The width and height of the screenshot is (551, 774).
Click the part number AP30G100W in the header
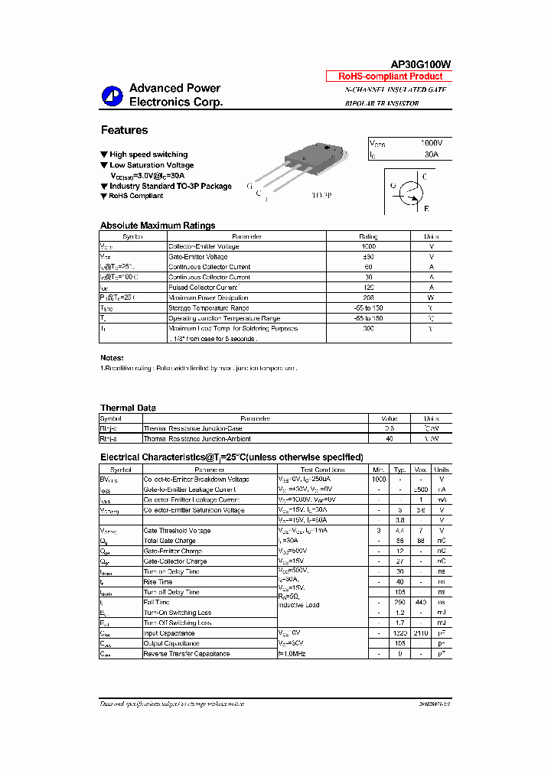[421, 64]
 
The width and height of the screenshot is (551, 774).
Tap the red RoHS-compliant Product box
[390, 76]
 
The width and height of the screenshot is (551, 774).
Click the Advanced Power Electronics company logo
[112, 95]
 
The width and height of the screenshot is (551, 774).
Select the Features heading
[124, 130]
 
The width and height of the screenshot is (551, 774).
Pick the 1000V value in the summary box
[432, 143]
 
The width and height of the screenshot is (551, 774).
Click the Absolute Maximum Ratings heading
[158, 226]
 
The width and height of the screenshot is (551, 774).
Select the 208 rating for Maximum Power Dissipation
[368, 298]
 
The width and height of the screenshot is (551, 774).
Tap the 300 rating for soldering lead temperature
[368, 328]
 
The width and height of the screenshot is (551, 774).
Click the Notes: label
[112, 358]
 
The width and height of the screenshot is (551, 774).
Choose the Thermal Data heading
[128, 408]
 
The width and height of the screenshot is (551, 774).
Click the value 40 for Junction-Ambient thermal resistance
[389, 439]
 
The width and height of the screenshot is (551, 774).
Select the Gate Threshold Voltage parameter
[177, 530]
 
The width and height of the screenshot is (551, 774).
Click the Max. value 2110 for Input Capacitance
[421, 633]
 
